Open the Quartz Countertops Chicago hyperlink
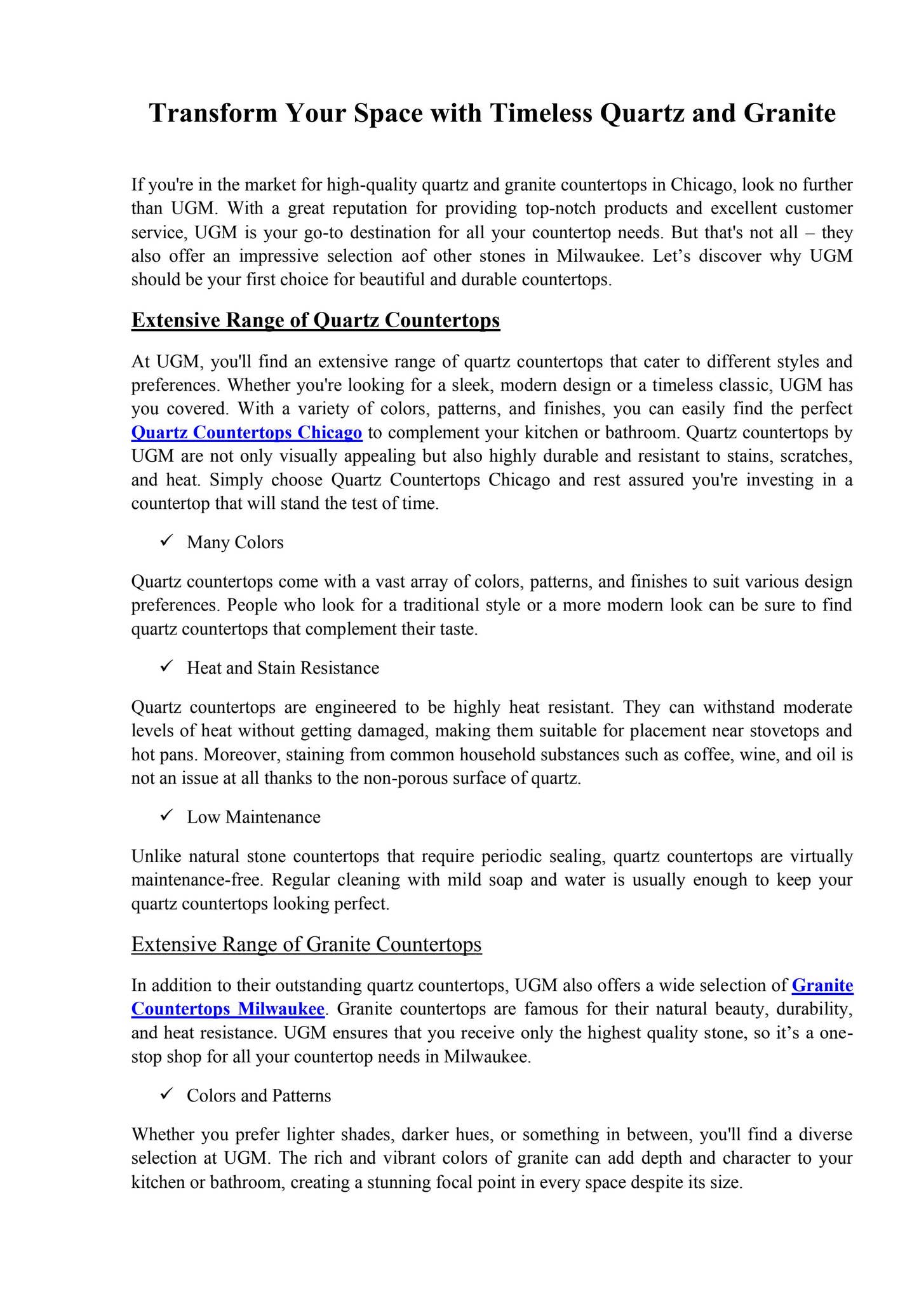tap(246, 433)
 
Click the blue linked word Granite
tap(822, 985)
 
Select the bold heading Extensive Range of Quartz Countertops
tap(316, 320)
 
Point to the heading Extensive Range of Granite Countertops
tap(306, 945)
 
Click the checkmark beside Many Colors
tap(167, 541)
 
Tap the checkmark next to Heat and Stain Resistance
tap(167, 666)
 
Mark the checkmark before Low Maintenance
tap(167, 815)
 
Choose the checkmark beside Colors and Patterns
tap(167, 1094)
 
